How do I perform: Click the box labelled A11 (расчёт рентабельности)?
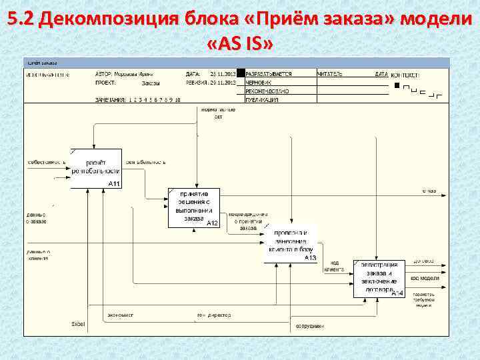[x=97, y=168]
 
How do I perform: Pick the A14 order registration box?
[x=379, y=278]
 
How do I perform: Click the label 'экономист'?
[x=120, y=315]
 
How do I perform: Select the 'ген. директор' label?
[x=213, y=315]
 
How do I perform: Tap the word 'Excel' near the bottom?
[x=78, y=324]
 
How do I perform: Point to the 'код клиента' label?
[x=334, y=266]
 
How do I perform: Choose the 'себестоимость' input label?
[x=46, y=162]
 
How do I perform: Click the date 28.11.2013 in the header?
[x=223, y=74]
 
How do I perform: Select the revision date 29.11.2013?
[x=223, y=83]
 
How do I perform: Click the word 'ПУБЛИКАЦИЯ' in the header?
[x=262, y=99]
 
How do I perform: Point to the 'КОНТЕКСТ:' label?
[x=405, y=75]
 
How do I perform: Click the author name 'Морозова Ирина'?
[x=136, y=74]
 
